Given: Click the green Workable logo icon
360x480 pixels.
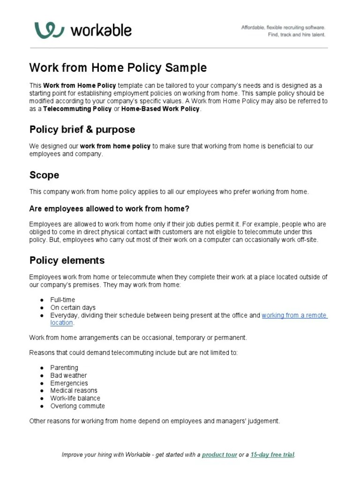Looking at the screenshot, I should [x=49, y=30].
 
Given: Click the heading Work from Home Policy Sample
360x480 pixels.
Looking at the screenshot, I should [x=118, y=67].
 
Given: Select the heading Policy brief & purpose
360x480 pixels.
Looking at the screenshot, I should [x=82, y=129].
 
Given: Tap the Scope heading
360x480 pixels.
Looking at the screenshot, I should [x=44, y=175].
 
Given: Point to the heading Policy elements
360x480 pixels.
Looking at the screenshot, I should [x=67, y=260].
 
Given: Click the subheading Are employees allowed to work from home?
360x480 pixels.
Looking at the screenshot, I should [x=109, y=209].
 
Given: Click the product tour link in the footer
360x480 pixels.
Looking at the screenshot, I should [x=219, y=455].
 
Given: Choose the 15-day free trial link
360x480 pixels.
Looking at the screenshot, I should [x=272, y=455].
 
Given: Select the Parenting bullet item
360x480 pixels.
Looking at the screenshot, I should [x=64, y=367].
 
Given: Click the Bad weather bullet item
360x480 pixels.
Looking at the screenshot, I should [x=68, y=375].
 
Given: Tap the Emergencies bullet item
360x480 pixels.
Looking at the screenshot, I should [x=69, y=383].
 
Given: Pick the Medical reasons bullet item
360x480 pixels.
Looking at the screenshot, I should [x=74, y=390].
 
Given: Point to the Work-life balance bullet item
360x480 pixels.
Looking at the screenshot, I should [x=75, y=398].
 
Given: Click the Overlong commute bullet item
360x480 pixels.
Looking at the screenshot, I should [x=77, y=406].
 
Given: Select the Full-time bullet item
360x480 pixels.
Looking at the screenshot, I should [x=62, y=300].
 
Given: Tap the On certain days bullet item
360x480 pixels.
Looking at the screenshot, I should [x=73, y=307].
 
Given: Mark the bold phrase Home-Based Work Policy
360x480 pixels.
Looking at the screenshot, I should [x=160, y=109].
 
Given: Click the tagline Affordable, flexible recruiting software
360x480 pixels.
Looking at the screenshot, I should [x=283, y=28].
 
